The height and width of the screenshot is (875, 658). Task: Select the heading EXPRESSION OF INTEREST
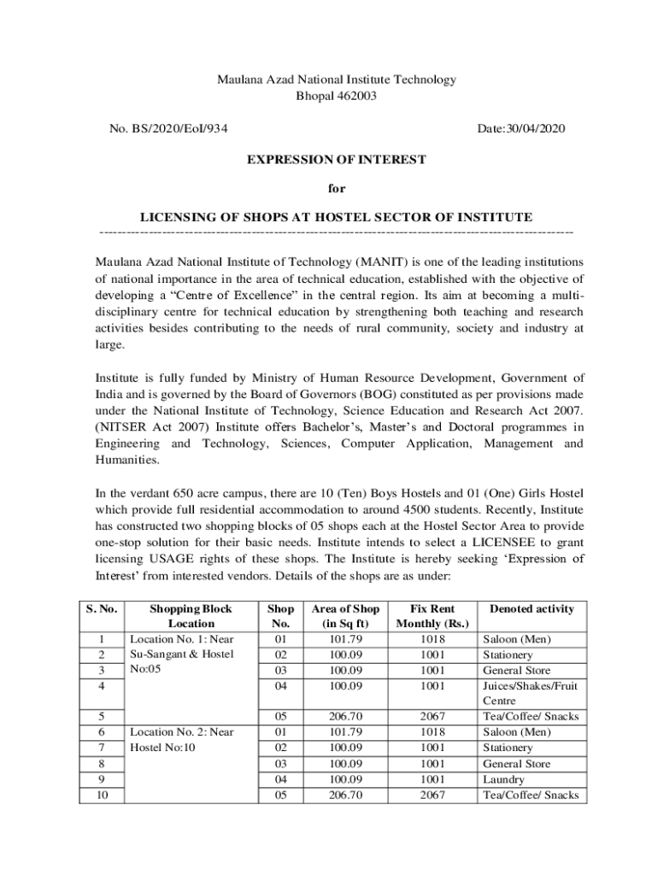(x=336, y=159)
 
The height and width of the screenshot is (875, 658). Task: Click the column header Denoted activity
(x=531, y=608)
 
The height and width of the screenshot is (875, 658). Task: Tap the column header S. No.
(x=103, y=608)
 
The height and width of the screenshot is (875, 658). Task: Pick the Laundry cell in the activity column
(x=504, y=779)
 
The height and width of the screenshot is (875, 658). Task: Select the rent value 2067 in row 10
(x=432, y=795)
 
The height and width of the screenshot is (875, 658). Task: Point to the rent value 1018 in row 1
(x=432, y=639)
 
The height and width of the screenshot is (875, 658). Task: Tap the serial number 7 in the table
(x=103, y=748)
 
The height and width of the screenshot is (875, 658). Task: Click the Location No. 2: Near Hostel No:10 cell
(x=180, y=740)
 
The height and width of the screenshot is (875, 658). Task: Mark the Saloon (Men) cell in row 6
(x=516, y=732)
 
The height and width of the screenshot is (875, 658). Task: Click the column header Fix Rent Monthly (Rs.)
(x=432, y=616)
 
